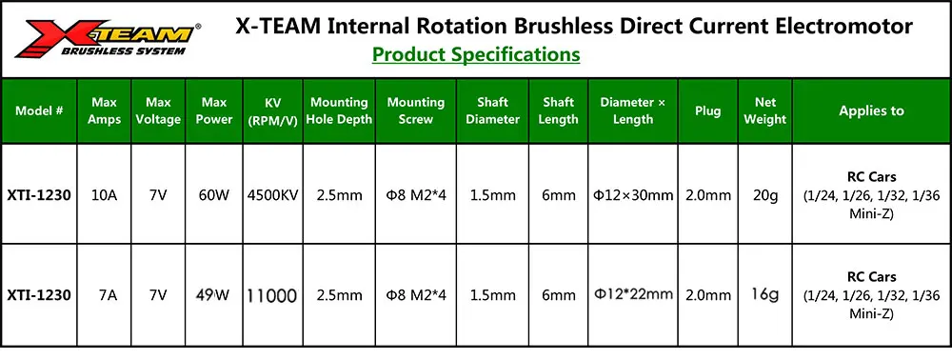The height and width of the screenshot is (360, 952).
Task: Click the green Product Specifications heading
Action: pos(476,54)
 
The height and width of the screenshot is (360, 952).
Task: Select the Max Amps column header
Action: pos(105,110)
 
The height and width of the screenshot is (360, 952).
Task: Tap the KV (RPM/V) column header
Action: pos(273,110)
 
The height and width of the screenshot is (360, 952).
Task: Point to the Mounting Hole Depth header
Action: pos(340,110)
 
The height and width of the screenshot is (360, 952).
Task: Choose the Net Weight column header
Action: pos(765,110)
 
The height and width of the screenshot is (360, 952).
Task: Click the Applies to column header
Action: pos(871,110)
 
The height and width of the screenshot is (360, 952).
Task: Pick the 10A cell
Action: pos(104,195)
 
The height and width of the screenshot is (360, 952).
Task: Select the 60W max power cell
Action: pos(214,195)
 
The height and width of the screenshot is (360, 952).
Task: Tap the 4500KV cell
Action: pos(273,195)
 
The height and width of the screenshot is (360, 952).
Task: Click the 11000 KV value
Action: pos(272,295)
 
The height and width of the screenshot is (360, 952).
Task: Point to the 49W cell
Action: pos(213,295)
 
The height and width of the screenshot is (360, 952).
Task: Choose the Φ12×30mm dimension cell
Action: pos(633,195)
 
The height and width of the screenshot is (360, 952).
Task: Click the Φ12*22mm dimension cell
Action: pos(633,295)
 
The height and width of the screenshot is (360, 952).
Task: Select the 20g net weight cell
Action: pos(765,195)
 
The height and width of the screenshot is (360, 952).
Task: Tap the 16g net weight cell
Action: pos(765,295)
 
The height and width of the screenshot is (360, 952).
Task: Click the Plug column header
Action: pos(708,110)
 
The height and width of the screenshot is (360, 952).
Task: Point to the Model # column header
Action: pos(39,110)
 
